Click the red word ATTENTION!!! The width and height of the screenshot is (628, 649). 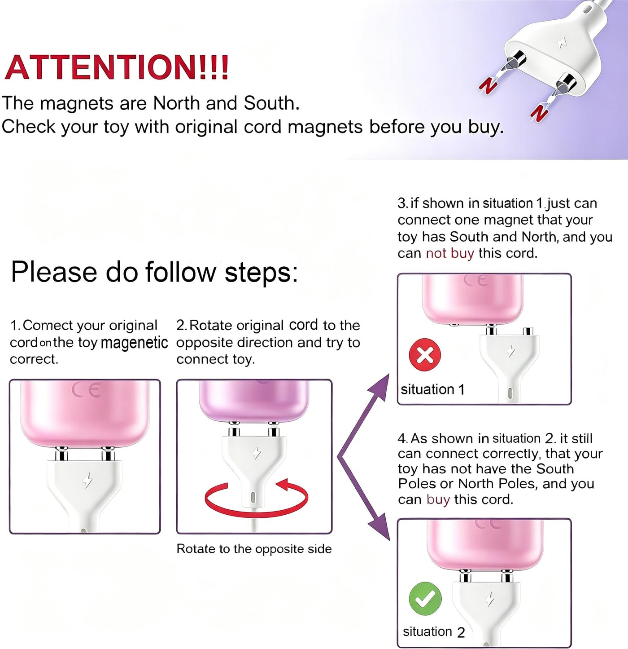point(116,68)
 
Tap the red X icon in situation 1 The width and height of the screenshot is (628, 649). point(425,355)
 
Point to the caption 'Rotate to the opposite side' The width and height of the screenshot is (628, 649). point(254,549)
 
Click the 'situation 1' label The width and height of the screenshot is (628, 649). point(432,389)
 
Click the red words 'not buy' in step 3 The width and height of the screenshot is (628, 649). point(450,253)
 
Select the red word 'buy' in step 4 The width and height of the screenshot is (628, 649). point(438,499)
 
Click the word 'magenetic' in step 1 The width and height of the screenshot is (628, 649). point(134,343)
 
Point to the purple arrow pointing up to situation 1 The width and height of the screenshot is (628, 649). point(363,415)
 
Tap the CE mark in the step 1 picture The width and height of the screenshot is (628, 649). point(86,390)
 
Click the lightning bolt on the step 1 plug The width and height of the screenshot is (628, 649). point(87,480)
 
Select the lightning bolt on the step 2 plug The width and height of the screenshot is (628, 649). point(256,453)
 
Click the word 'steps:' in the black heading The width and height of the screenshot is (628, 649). point(261,273)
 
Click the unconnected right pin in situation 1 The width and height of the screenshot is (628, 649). point(528,331)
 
